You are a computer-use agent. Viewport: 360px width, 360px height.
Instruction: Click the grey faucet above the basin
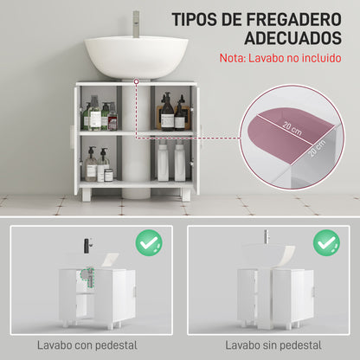[136, 21]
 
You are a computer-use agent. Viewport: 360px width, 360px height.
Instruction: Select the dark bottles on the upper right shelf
[173, 114]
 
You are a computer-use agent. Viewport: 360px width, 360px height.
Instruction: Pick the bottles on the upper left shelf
[98, 116]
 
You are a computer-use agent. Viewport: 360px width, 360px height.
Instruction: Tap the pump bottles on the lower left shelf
[97, 164]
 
